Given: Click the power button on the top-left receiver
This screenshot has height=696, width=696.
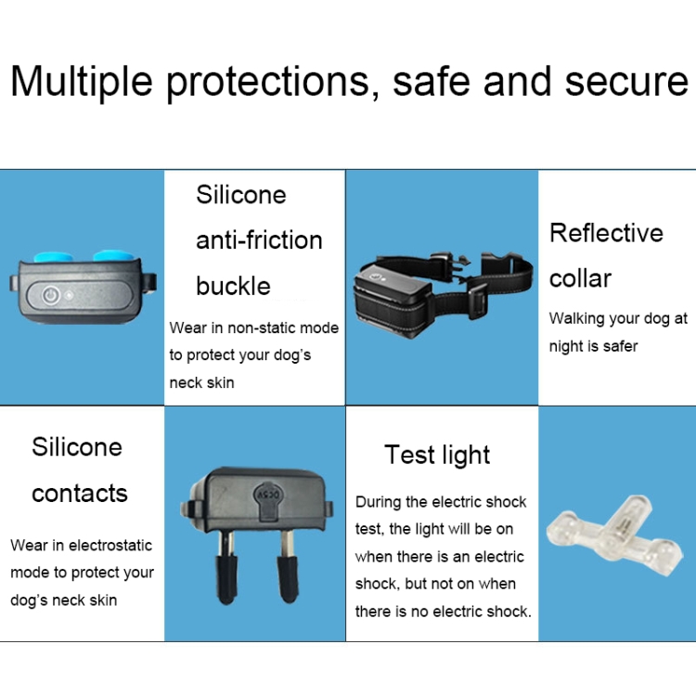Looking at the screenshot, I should tap(51, 295).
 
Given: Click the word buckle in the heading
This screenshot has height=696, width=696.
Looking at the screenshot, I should tap(233, 286).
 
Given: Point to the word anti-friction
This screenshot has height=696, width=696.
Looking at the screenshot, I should tap(259, 240).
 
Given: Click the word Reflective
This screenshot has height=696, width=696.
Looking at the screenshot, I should tap(606, 233).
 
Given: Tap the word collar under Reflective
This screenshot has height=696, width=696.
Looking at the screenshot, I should tap(580, 278).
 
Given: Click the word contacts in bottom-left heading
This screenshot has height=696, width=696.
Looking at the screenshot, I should tap(80, 493).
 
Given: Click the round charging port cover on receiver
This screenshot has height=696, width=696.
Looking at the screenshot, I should tap(266, 493).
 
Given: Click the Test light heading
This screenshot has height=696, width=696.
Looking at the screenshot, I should tap(437, 455).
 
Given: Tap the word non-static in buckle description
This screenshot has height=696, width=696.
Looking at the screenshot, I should tap(264, 328).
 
